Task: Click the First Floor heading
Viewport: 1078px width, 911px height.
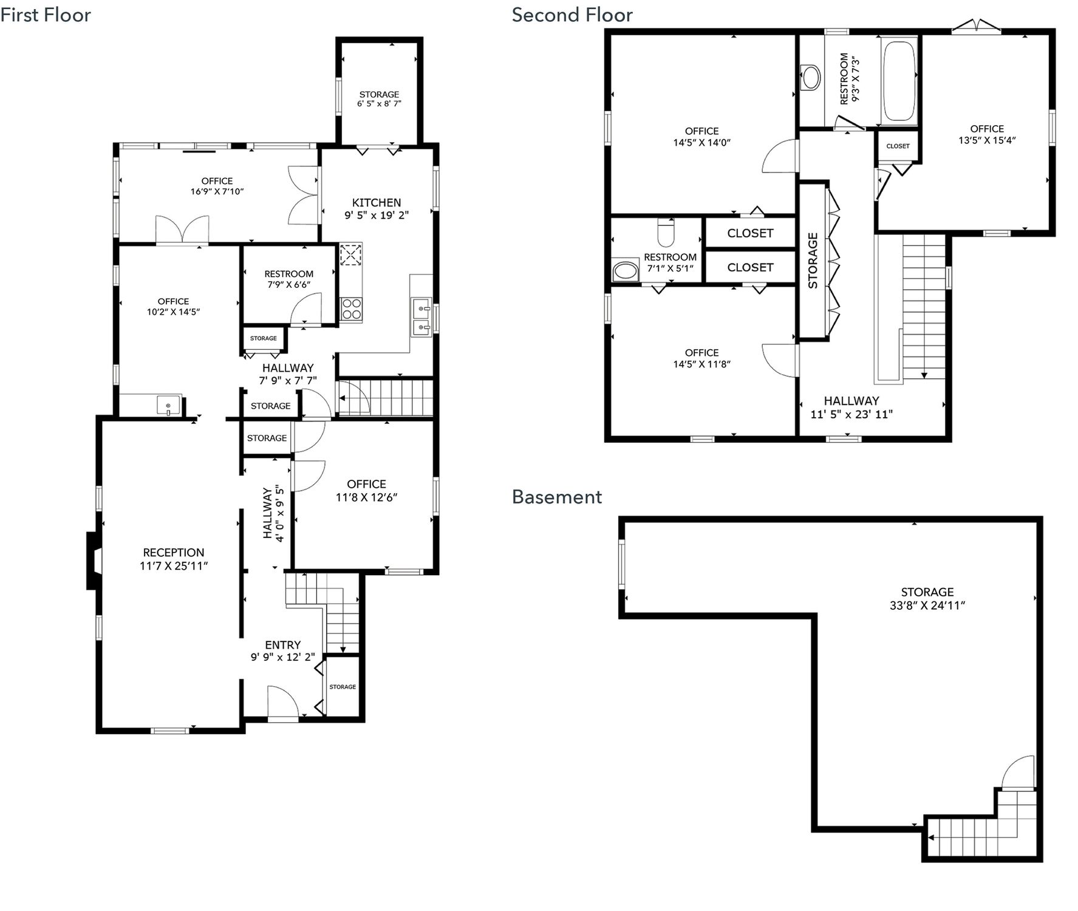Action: [x=46, y=15]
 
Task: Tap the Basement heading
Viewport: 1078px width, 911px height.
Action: [x=557, y=497]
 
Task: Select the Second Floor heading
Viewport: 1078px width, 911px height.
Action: [x=572, y=15]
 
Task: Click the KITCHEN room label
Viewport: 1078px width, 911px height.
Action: [x=377, y=203]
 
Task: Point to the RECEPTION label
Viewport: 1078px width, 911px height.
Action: [x=174, y=553]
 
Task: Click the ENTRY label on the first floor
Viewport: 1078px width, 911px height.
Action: [x=283, y=645]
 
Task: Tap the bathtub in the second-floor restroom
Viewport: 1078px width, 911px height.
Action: [x=899, y=81]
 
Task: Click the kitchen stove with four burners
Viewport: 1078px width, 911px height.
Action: [x=351, y=309]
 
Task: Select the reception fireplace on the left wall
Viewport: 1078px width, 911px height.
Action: [x=93, y=561]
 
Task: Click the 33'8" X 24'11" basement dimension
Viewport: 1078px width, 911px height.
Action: [x=927, y=606]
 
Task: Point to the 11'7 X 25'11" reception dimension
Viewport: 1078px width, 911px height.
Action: [x=174, y=566]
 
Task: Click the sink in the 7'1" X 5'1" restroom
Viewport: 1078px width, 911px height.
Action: [x=626, y=271]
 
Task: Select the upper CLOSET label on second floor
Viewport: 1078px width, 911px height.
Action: [x=750, y=233]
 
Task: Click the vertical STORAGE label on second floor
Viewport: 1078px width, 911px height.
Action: [x=813, y=261]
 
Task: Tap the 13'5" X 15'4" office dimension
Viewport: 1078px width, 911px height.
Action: [x=987, y=140]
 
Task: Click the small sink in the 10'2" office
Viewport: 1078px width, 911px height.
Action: [x=168, y=405]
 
